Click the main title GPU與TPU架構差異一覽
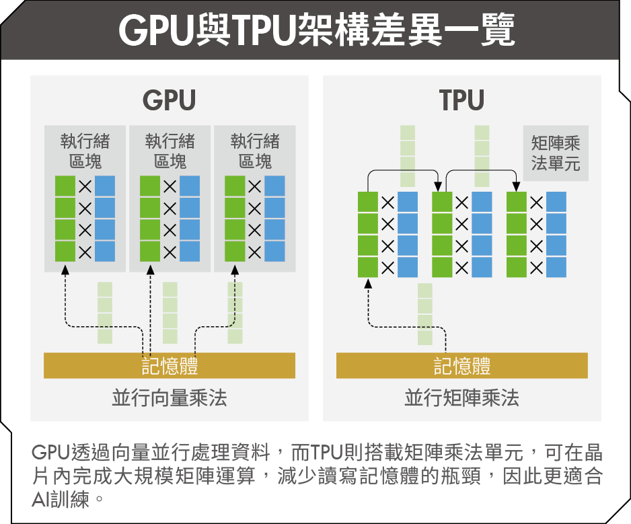(x=315, y=30)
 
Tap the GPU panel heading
(x=169, y=101)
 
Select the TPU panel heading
(x=461, y=101)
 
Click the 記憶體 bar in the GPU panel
(x=169, y=365)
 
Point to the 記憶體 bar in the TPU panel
(x=461, y=365)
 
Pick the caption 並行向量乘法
(x=169, y=398)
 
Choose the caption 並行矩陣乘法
(x=461, y=398)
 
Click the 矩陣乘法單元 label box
(x=555, y=153)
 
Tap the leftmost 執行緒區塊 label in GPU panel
(x=85, y=151)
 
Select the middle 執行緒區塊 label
(x=170, y=151)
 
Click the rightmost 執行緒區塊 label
(x=254, y=151)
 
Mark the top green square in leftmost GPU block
(x=65, y=186)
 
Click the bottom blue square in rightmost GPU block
(x=274, y=252)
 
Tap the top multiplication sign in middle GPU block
(x=170, y=186)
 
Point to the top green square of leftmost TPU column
(x=368, y=202)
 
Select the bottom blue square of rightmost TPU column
(x=556, y=267)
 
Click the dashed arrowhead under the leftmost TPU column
(x=368, y=283)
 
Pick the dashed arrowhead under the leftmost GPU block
(x=65, y=270)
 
